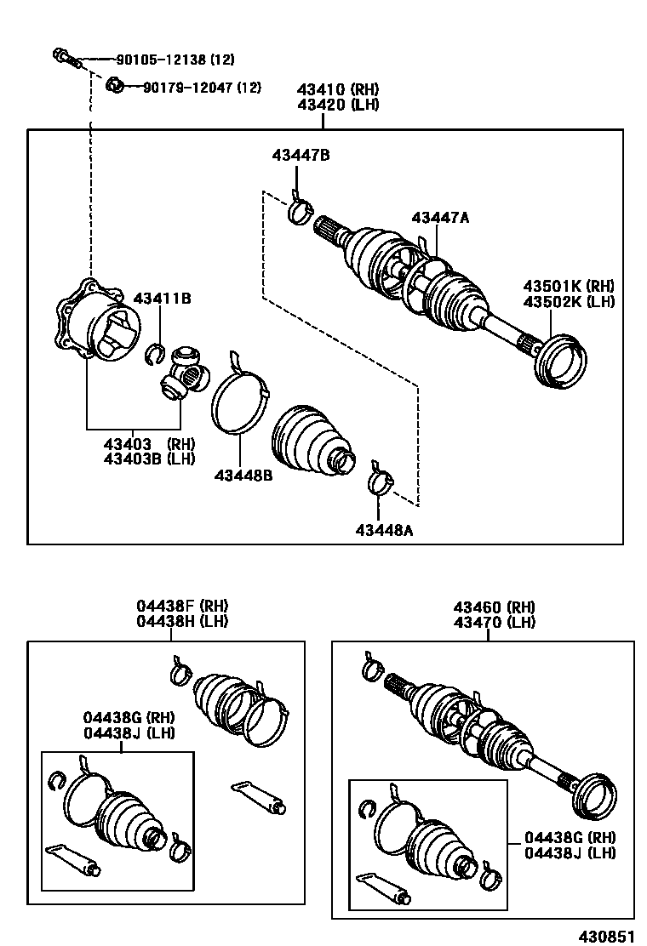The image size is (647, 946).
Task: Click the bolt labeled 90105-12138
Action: [64, 59]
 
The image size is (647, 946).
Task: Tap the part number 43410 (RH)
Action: [338, 89]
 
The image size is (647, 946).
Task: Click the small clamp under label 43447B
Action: [298, 207]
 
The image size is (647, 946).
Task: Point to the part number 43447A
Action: [440, 218]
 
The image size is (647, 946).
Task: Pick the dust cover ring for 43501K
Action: [560, 360]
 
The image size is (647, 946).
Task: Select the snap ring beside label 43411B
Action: [154, 351]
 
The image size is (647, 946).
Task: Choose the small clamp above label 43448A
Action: [381, 482]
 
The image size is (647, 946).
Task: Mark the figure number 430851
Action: [607, 936]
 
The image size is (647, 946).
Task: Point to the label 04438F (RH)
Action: [182, 607]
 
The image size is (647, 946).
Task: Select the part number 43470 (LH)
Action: [494, 622]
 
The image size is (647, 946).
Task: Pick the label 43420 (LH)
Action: [338, 105]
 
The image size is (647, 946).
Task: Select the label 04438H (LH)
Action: [182, 622]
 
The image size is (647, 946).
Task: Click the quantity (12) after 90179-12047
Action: [249, 87]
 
